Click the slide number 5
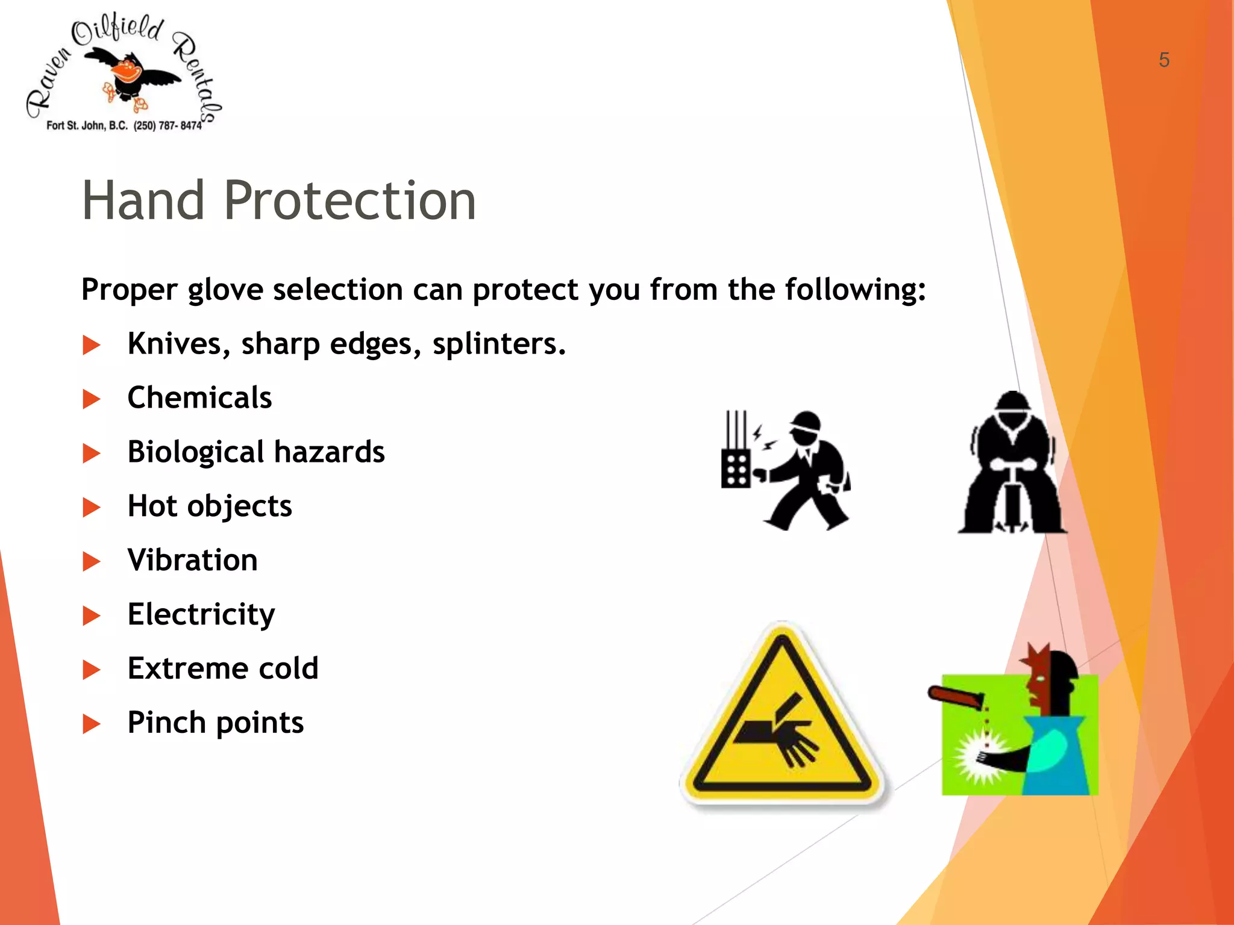point(1164,60)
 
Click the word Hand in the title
point(143,201)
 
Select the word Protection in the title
point(349,201)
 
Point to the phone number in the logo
point(168,126)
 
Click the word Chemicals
point(199,398)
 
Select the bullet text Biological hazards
point(256,452)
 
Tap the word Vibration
point(193,561)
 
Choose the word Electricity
point(201,615)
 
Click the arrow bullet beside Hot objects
point(92,507)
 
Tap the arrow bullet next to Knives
point(92,345)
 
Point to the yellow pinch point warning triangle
point(782,717)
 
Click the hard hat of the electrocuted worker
point(806,421)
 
